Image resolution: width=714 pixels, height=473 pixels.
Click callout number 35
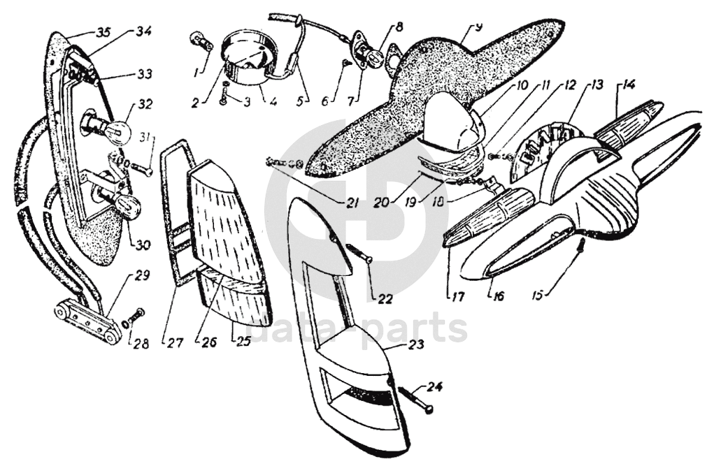tap(103, 32)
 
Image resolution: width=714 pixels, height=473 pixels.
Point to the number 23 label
tap(416, 344)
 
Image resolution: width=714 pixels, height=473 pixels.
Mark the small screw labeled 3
tap(223, 94)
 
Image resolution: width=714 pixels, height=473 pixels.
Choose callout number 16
tap(499, 296)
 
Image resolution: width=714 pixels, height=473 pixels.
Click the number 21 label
tap(351, 203)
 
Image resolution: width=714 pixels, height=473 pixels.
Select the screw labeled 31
tap(139, 168)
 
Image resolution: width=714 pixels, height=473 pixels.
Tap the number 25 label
tap(243, 342)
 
